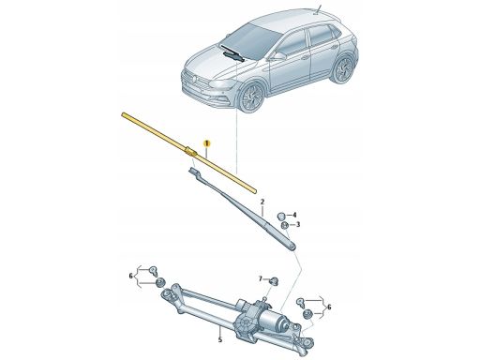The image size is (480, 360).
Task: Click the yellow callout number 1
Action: tap(207, 143)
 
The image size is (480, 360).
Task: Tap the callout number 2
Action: tap(262, 202)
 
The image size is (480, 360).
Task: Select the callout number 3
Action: tap(298, 224)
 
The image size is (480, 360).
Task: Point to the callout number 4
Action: tap(294, 215)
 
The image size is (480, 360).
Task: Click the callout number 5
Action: tap(220, 339)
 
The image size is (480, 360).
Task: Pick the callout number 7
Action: tap(261, 278)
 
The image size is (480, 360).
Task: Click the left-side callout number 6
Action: tap(131, 276)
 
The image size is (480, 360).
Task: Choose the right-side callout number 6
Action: tap(329, 307)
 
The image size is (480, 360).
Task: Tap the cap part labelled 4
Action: tap(281, 216)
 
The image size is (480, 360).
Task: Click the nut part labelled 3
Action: tap(285, 226)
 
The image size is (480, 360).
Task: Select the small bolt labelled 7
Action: tap(275, 281)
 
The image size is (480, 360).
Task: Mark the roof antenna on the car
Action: tap(319, 9)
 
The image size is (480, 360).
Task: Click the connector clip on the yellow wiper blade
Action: tap(190, 152)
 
